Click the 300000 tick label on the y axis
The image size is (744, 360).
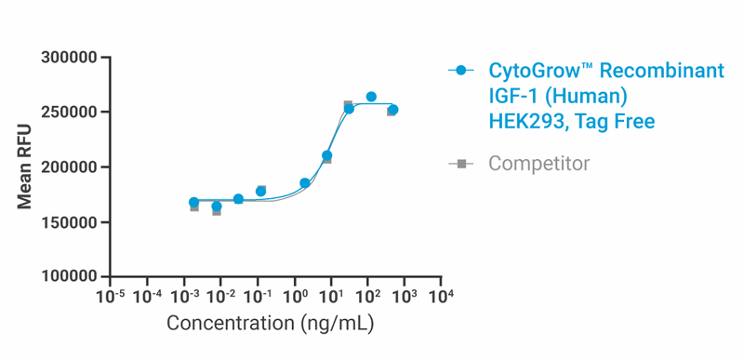click(70, 58)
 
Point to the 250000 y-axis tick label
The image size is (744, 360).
click(70, 113)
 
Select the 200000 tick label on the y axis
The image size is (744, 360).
click(70, 167)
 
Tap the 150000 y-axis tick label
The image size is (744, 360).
click(70, 222)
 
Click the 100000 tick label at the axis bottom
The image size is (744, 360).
click(70, 277)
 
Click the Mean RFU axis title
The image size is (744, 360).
click(24, 167)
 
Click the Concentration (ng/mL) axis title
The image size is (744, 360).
click(270, 324)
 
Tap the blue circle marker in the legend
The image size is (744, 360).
click(461, 72)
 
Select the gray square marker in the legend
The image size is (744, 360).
click(461, 164)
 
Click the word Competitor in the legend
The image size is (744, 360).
click(538, 164)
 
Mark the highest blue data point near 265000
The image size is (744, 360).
click(371, 97)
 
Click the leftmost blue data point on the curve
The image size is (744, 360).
click(193, 202)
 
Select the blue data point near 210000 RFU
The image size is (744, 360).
click(326, 155)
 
